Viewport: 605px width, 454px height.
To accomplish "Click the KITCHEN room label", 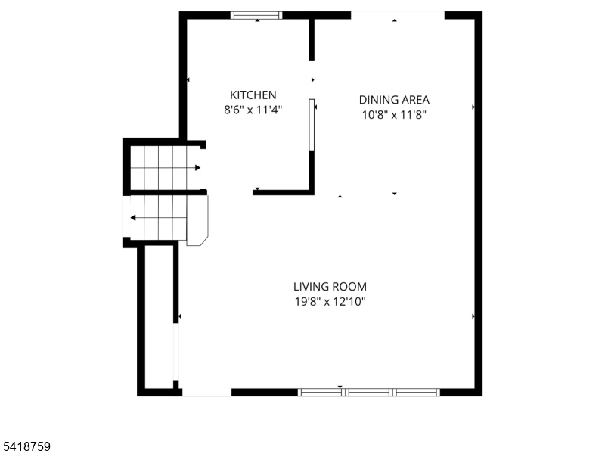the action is [x=253, y=95].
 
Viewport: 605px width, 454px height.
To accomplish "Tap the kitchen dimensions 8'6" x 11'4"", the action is [x=253, y=110].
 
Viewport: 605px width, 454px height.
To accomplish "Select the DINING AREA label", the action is [x=394, y=100].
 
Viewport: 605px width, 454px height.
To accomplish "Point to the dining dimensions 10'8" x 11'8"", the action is [x=394, y=115].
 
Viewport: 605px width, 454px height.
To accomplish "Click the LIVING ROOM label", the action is [x=330, y=287].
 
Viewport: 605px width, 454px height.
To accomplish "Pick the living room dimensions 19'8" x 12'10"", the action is [x=330, y=301].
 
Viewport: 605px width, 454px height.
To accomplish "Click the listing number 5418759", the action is [x=25, y=446].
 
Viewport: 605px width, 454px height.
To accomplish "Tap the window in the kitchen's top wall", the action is [x=256, y=15].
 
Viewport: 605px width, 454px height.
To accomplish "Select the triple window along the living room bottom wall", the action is [x=368, y=393].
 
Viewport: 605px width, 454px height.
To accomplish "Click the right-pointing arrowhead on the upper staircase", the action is [x=197, y=168].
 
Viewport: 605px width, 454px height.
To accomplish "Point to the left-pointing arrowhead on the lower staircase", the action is [x=133, y=218].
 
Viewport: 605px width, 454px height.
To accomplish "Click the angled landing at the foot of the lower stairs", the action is [x=197, y=220].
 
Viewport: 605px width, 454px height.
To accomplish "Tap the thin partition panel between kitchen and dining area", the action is [x=312, y=125].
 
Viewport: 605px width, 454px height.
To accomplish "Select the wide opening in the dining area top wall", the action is [x=398, y=15].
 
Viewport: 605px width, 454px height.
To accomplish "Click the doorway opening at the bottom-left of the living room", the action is [x=206, y=393].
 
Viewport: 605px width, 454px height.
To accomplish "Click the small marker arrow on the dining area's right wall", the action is [x=473, y=107].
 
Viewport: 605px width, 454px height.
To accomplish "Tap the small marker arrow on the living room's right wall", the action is [x=473, y=316].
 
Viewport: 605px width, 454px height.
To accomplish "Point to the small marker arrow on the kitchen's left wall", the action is [x=188, y=80].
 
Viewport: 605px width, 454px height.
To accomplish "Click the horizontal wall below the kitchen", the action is [x=283, y=192].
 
